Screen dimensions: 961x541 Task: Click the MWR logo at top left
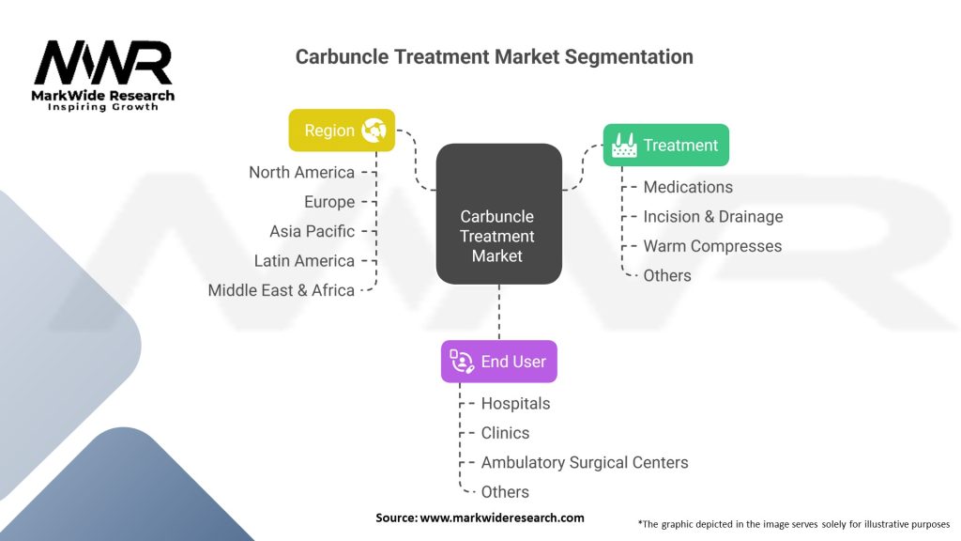(103, 75)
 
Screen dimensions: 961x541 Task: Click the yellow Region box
(342, 130)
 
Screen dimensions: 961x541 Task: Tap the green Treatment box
(666, 145)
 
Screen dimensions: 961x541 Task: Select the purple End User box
(499, 362)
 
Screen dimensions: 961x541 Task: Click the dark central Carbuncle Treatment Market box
(499, 213)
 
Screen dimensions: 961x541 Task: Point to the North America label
(301, 173)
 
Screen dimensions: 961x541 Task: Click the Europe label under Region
(329, 202)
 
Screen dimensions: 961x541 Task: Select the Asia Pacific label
(312, 231)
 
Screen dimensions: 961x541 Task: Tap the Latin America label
(304, 261)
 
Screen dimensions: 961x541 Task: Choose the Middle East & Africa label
(282, 290)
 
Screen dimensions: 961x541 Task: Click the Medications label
(688, 187)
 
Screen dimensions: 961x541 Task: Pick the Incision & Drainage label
(713, 217)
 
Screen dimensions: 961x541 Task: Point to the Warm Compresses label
(712, 246)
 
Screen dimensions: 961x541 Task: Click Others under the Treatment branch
(667, 275)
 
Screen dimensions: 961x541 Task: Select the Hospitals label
(515, 403)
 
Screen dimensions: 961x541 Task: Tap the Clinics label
(505, 432)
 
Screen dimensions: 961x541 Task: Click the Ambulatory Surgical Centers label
(585, 462)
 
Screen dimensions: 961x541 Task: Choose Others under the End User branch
(505, 491)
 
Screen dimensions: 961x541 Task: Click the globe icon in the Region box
(374, 130)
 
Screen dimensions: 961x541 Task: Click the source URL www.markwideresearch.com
(502, 518)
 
